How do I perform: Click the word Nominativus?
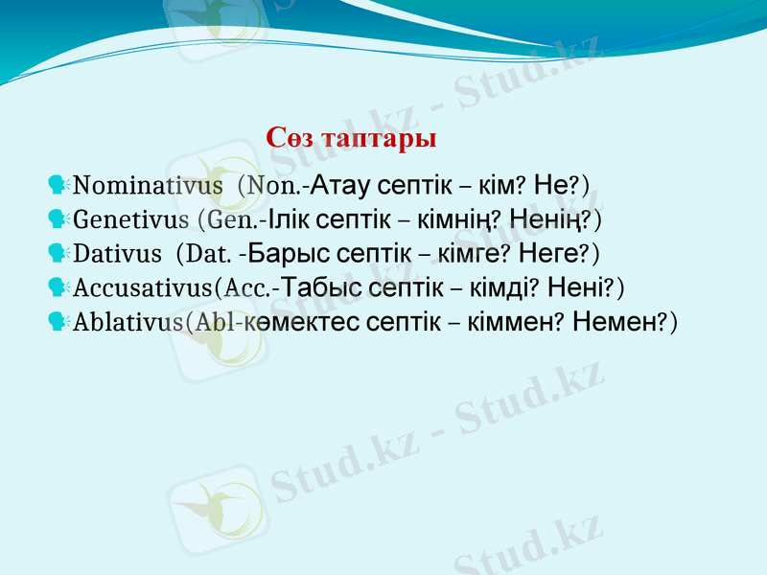coord(148,184)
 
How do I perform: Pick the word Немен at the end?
coord(614,322)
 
